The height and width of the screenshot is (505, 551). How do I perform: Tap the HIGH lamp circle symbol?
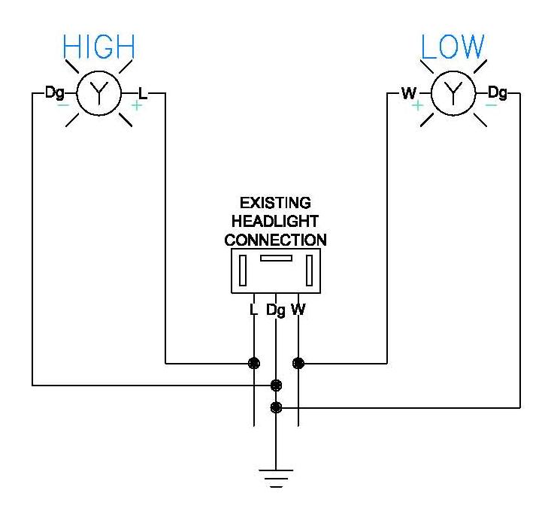98,93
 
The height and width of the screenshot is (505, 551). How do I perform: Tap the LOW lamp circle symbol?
453,93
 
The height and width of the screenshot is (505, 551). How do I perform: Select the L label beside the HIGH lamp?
143,94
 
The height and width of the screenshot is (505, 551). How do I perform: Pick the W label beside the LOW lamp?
409,94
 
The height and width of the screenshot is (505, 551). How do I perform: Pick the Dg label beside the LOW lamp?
497,93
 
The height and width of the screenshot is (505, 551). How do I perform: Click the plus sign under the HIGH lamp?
136,106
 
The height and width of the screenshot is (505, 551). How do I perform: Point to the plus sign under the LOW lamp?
416,106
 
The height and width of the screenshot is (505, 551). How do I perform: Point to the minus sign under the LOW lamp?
490,106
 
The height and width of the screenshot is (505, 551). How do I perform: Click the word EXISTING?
276,204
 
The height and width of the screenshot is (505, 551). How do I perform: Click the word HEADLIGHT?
276,222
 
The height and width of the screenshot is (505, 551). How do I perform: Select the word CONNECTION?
276,240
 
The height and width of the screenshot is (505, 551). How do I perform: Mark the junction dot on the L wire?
254,364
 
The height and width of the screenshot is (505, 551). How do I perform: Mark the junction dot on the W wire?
298,364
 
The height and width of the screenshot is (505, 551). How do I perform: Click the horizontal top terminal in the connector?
276,259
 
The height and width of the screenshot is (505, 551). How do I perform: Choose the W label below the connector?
299,310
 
